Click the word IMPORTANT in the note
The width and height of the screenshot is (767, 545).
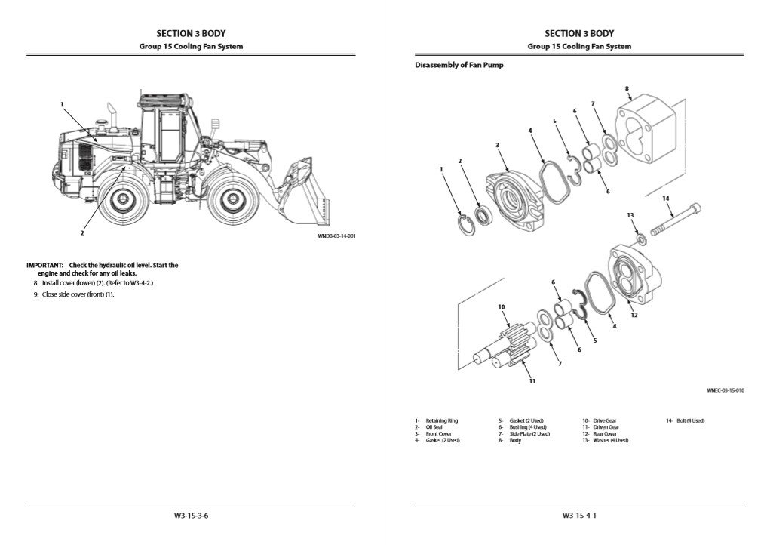(44, 266)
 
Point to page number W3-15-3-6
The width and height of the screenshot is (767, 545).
(191, 516)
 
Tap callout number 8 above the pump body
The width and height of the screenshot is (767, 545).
(627, 88)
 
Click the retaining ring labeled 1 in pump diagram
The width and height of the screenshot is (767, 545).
(468, 224)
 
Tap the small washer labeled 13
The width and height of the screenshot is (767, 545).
(641, 239)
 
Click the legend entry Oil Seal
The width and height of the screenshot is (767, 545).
(435, 427)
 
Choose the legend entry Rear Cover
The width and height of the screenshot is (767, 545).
(604, 434)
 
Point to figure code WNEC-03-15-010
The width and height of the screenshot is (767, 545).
(725, 390)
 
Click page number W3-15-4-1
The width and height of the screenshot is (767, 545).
(579, 516)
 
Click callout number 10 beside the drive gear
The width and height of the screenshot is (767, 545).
(501, 307)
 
